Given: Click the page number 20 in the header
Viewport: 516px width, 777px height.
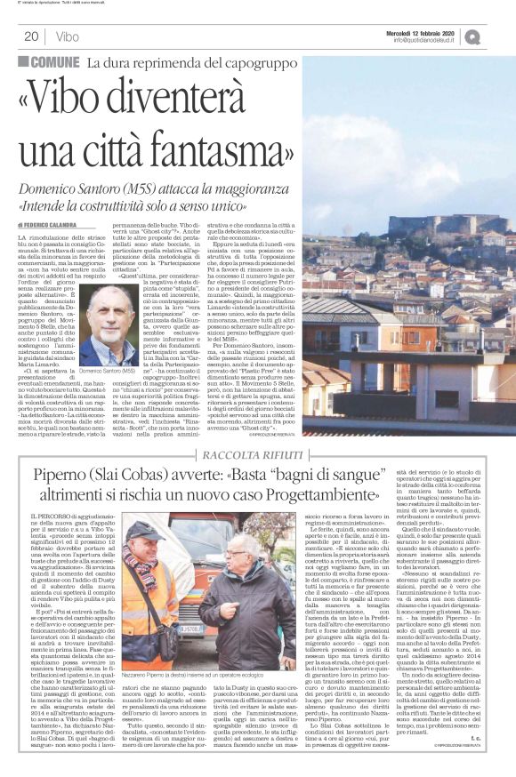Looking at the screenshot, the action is click(29, 36).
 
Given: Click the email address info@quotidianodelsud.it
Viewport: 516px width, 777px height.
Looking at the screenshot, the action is click(429, 40).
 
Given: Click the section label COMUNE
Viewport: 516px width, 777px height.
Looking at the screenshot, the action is click(54, 62).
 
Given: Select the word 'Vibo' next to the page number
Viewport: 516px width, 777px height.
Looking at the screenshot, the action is click(68, 37).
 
